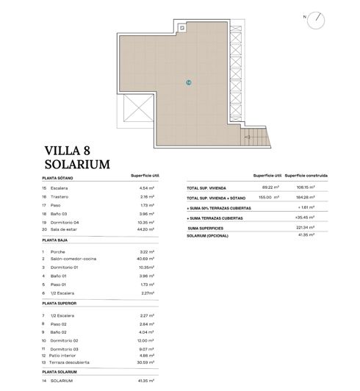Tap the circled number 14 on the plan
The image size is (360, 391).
coord(189,82)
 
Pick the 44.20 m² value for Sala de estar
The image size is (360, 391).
coord(150,229)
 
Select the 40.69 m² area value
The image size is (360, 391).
coord(150,259)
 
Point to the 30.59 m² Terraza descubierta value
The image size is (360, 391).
coord(150,362)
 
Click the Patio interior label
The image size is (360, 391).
coord(68,354)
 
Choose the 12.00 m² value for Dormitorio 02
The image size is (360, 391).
coord(150,340)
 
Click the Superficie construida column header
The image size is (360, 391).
coord(306,176)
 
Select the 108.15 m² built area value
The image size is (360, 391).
coord(306,188)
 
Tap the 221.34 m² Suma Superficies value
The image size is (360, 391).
coord(306,228)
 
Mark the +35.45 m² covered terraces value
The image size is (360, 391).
coord(306,218)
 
